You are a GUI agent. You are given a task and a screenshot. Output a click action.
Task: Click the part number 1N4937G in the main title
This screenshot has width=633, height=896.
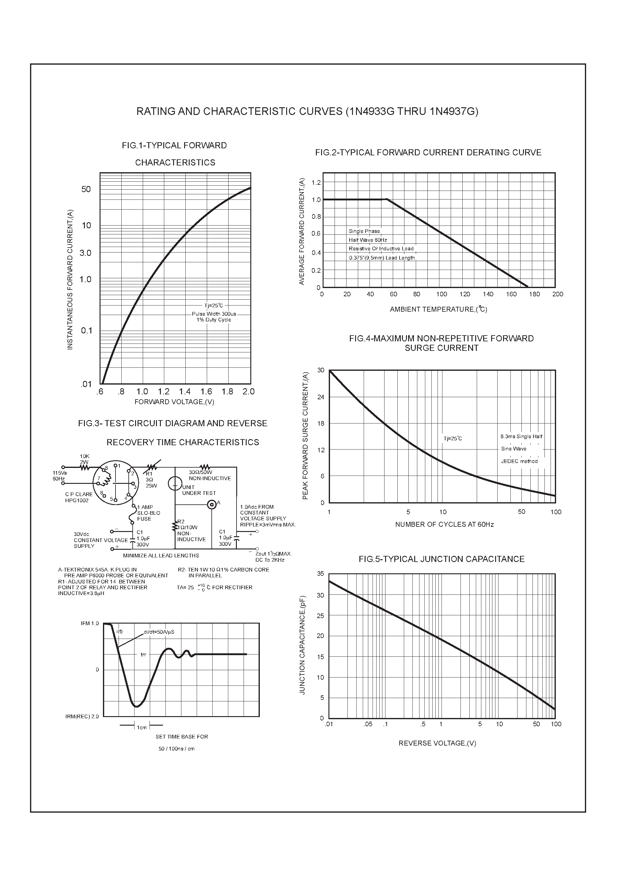(x=453, y=112)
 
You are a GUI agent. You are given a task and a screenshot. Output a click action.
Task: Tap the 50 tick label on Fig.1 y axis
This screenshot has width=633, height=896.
(x=86, y=189)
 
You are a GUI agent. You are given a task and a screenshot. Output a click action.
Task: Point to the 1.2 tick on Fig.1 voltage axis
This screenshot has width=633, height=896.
(x=164, y=391)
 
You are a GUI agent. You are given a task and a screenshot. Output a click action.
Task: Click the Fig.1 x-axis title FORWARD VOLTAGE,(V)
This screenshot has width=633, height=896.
(x=174, y=402)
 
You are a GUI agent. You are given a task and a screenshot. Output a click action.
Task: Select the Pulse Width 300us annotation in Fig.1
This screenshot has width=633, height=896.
(x=214, y=314)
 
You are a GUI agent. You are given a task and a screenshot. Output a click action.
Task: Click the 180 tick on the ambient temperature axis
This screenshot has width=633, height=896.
(x=534, y=294)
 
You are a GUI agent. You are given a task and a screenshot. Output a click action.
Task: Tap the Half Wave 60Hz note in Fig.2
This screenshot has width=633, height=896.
(x=368, y=240)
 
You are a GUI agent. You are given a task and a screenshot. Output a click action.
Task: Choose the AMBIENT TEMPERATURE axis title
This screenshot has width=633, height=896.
(x=438, y=309)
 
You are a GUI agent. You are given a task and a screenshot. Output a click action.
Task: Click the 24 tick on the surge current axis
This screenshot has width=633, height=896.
(x=321, y=397)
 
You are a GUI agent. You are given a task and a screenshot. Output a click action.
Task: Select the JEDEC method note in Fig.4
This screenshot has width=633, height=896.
(x=519, y=461)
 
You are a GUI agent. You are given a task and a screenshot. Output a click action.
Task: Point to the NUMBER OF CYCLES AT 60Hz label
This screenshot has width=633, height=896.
(x=444, y=525)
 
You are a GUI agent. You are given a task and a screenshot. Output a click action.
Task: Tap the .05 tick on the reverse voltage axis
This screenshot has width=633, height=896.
(x=368, y=724)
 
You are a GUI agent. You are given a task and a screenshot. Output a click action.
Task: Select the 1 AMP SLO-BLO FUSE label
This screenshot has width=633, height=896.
(x=148, y=513)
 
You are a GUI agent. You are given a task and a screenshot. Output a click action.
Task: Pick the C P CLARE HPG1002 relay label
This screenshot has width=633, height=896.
(x=79, y=497)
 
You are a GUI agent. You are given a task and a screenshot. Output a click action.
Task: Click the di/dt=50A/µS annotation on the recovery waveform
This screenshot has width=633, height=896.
(x=159, y=632)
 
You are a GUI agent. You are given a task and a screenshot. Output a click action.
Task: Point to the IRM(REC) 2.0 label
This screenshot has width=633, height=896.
(x=82, y=716)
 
